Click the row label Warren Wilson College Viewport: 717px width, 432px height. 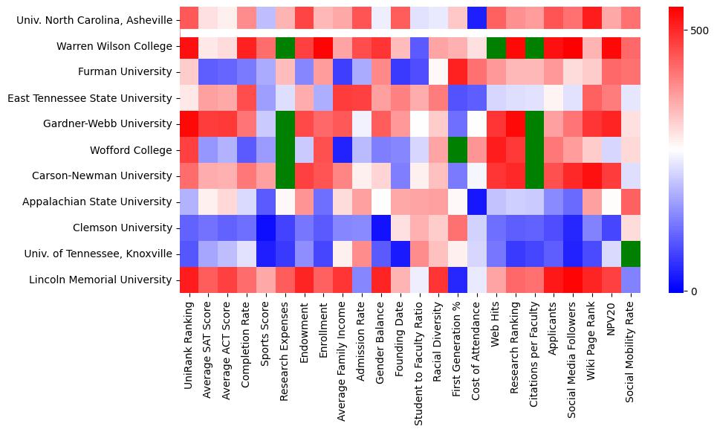(x=114, y=47)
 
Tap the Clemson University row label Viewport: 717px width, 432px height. (x=124, y=228)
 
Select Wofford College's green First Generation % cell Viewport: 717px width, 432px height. (x=457, y=150)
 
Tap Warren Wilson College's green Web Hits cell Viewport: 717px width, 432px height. (x=496, y=47)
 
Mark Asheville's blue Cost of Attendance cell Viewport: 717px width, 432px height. (x=476, y=21)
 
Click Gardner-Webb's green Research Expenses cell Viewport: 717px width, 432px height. (x=285, y=124)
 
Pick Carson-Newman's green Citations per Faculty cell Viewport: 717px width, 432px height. (x=534, y=176)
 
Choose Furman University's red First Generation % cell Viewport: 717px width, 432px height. (x=457, y=72)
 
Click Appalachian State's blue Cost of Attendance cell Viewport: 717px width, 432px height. (x=476, y=202)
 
